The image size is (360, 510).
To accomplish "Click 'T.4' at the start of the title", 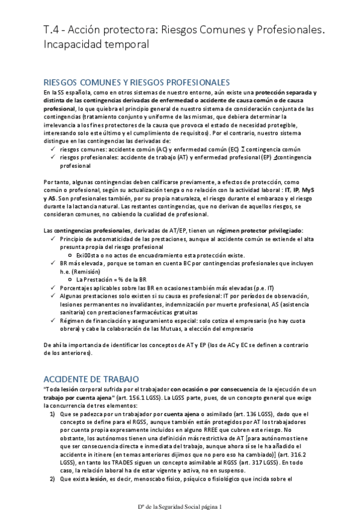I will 52,28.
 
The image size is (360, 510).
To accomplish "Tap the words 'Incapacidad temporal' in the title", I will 96,44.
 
